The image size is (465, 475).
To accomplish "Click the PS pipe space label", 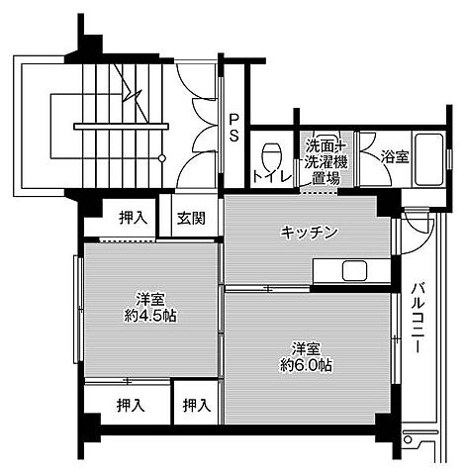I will coord(233,128).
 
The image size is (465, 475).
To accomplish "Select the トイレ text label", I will coord(271,177).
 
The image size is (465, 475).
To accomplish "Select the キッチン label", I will coord(310,232).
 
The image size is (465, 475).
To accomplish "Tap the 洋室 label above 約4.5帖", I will coord(149,298).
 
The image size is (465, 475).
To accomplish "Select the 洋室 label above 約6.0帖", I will coord(306,347).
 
